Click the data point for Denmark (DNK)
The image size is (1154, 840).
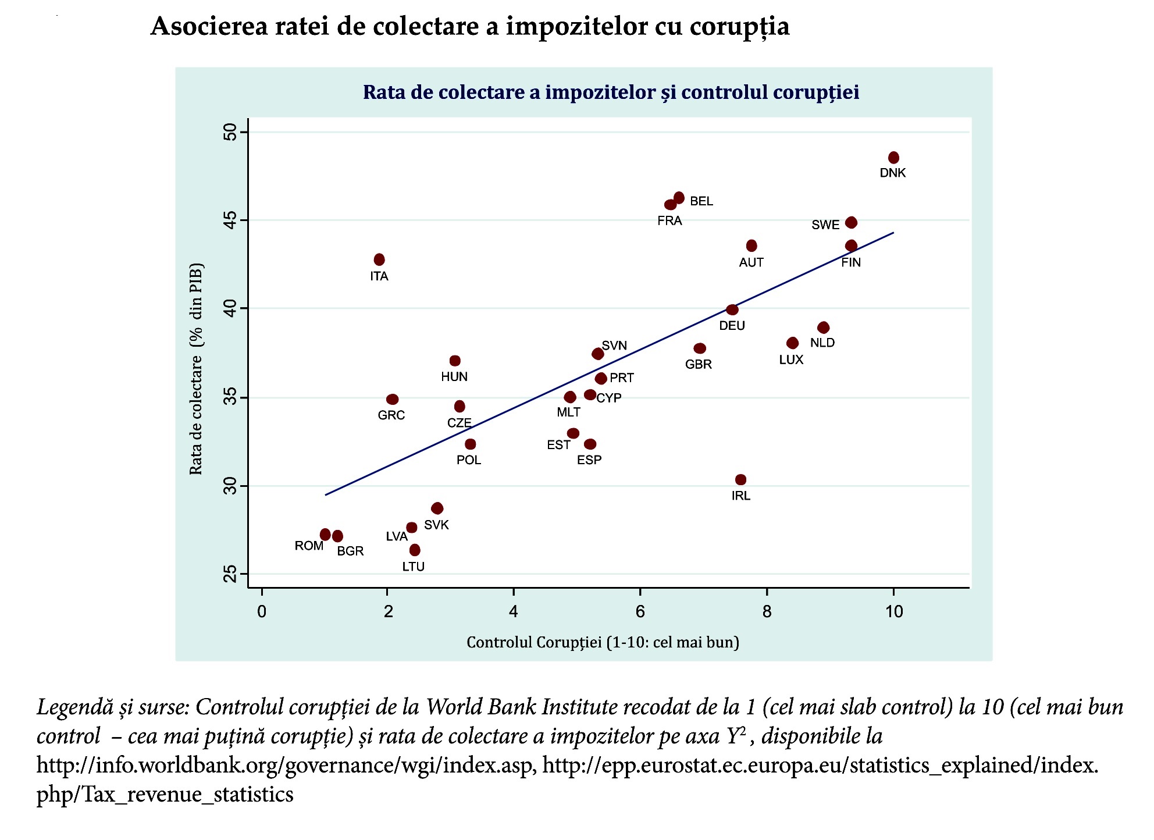point(893,158)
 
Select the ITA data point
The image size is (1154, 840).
point(379,259)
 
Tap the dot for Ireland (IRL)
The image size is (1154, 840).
point(740,480)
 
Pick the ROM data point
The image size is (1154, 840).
point(325,535)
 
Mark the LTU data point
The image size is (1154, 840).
point(415,550)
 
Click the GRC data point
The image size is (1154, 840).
point(393,400)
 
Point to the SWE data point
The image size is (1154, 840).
point(851,223)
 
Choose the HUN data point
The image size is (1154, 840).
point(455,361)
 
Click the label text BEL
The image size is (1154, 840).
point(701,201)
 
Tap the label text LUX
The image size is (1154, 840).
point(791,360)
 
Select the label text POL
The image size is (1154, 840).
point(469,460)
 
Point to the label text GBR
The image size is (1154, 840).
point(698,364)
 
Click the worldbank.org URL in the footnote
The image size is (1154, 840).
point(285,764)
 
